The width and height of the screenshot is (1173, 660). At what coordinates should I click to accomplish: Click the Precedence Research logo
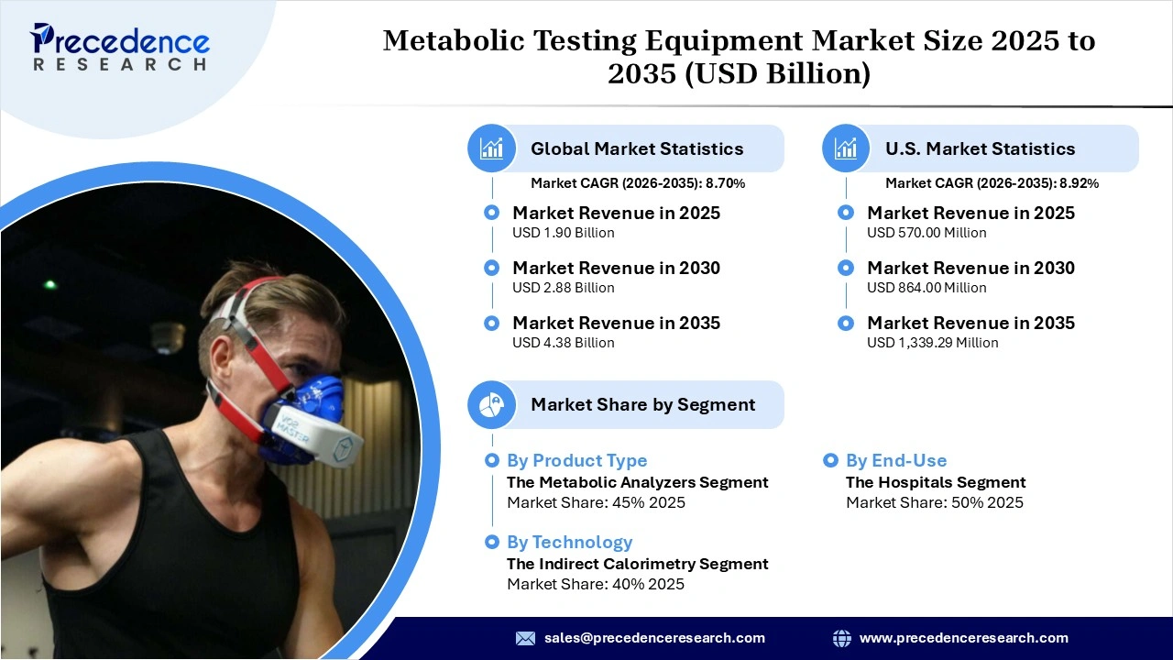(120, 48)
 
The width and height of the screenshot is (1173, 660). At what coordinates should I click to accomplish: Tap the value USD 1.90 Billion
(563, 233)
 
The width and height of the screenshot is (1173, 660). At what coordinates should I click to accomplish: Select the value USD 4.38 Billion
(563, 343)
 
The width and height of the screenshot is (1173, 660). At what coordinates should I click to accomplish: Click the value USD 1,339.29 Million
(932, 343)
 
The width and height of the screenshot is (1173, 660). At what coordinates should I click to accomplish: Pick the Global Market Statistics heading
(637, 148)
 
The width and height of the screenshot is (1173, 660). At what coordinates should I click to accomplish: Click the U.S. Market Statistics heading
(980, 148)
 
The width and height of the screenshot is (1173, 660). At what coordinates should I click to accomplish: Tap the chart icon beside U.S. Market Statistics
(846, 148)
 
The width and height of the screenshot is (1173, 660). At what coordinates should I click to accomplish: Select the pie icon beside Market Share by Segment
(492, 404)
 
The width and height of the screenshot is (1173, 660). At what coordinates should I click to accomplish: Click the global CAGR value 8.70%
(725, 183)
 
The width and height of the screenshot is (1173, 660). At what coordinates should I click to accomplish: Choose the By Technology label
(569, 542)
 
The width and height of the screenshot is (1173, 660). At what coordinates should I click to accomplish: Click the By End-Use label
(895, 460)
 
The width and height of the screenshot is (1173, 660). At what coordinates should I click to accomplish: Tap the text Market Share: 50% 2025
(934, 502)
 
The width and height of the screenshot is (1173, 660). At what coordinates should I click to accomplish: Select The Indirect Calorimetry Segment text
(637, 564)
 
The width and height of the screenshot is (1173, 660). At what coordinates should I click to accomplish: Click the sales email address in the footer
(654, 638)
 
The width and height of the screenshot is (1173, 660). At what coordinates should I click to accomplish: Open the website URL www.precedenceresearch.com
(963, 638)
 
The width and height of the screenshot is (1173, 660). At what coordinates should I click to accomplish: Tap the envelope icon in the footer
(525, 638)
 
